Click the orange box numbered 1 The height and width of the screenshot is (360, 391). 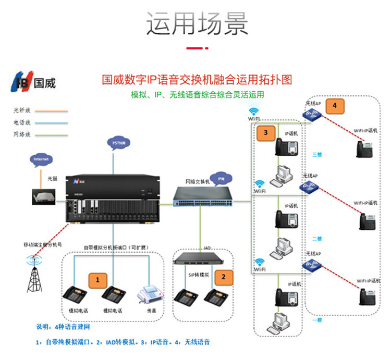[97, 280]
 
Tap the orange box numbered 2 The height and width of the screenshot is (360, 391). [224, 277]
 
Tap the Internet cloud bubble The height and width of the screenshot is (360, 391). [41, 158]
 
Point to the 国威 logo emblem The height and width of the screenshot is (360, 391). [22, 82]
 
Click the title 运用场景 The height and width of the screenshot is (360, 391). [195, 23]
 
